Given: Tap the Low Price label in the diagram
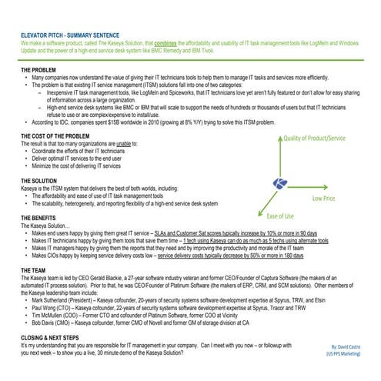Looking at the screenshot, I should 324,198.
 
